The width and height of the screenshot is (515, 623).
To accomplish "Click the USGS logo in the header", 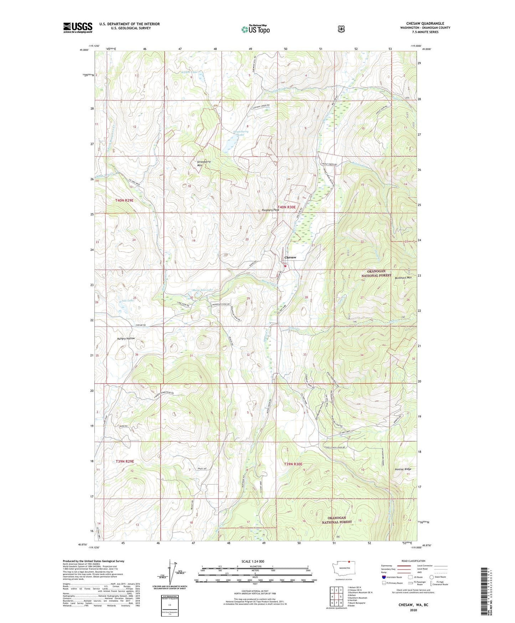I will [x=78, y=27].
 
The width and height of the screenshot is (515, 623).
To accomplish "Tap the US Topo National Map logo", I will [x=255, y=29].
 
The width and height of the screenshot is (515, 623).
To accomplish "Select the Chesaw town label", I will [x=290, y=257].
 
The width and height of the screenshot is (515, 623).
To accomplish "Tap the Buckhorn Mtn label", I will [x=403, y=278].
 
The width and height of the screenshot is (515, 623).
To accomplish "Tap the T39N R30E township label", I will [x=293, y=464].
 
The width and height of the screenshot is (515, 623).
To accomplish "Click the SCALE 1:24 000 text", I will [x=252, y=561].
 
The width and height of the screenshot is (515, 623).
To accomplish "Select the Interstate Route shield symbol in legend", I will [x=383, y=577].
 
